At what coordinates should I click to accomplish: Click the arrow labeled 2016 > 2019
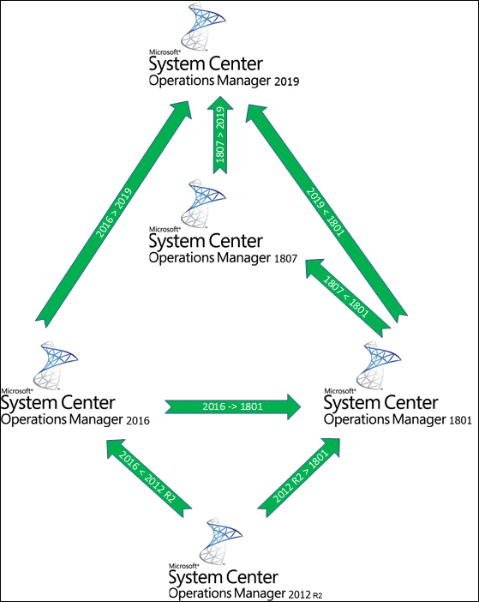click(x=113, y=214)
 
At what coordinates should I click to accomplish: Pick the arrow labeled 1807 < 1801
click(x=347, y=298)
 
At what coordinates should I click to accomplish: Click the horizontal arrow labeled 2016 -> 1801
click(x=233, y=406)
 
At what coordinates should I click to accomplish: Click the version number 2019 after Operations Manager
click(x=287, y=81)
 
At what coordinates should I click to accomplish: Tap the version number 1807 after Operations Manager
click(x=285, y=259)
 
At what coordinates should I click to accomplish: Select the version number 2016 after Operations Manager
click(x=138, y=420)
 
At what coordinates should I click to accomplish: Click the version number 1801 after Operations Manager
click(x=460, y=420)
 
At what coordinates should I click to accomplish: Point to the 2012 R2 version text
click(x=307, y=594)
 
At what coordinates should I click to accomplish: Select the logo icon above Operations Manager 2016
click(x=55, y=365)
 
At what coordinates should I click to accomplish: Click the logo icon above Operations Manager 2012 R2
click(x=221, y=540)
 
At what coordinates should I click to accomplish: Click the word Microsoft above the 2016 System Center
click(x=16, y=391)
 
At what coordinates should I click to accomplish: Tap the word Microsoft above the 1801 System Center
click(x=339, y=391)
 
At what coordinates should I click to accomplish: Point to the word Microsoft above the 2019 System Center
click(x=165, y=52)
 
